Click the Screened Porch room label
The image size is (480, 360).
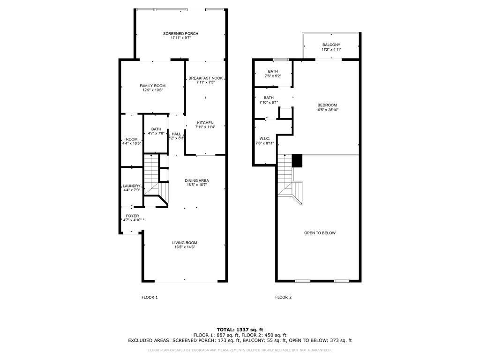180,34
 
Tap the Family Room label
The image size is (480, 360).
152,86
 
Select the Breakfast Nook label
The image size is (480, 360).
206,78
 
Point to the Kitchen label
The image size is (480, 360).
205,123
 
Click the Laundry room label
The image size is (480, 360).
132,186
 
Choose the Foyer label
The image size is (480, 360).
132,216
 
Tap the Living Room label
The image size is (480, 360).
185,243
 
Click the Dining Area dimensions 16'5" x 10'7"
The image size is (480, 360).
197,185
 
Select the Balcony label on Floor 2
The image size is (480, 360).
331,45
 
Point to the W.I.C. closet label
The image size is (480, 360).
264,139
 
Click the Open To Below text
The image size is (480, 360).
320,233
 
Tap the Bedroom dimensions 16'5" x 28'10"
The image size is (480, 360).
327,110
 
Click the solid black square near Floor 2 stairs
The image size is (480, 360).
297,161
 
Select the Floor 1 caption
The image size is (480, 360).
150,297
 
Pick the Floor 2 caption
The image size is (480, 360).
284,297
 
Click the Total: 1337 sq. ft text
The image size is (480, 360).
240,330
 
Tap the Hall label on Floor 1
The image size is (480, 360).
176,134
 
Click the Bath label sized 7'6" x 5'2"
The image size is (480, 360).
273,71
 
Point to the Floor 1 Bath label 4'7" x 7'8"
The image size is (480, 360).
156,129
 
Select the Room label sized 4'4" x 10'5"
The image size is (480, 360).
132,139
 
